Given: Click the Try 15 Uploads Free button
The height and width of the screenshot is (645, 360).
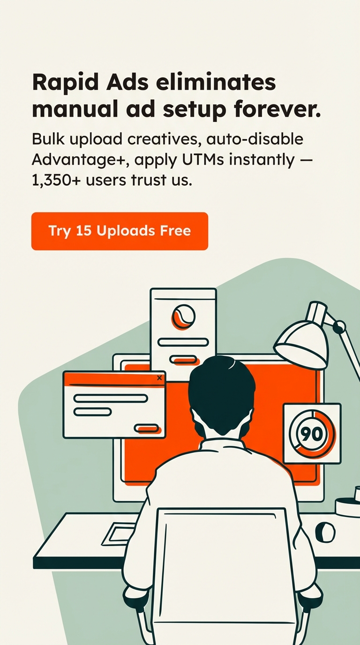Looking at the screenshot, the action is tap(120, 231).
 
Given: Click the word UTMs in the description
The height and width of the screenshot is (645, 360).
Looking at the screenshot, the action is tap(203, 160).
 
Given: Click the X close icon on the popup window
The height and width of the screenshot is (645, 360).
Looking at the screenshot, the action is tap(159, 378).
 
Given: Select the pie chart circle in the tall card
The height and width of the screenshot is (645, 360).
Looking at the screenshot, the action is tap(183, 317).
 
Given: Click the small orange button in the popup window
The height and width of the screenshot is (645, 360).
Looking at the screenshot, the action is tap(147, 429).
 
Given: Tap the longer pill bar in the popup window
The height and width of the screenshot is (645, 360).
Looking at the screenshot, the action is tap(111, 398).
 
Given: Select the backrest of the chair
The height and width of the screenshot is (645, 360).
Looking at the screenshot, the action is tap(222, 573).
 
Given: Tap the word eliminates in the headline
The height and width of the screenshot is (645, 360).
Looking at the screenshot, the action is tap(216, 82).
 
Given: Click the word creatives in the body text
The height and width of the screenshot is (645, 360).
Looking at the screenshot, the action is tap(163, 139).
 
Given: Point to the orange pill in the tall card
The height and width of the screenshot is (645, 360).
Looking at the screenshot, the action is tap(184, 360).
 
